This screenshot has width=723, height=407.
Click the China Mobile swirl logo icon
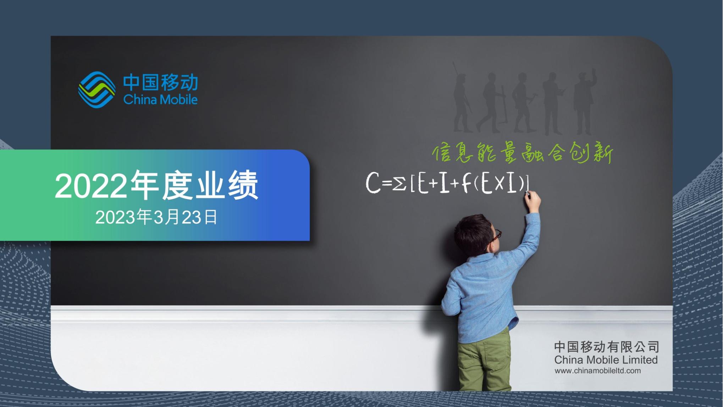96,89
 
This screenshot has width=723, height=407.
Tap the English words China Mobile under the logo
160,99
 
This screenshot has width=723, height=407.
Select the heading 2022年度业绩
156,185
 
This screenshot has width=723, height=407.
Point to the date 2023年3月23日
156,217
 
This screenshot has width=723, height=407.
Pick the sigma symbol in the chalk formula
399,184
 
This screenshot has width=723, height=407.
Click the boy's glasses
496,236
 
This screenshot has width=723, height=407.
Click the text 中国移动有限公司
607,347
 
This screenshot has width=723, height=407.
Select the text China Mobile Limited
606,360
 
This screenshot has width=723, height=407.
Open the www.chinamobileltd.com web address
597,371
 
